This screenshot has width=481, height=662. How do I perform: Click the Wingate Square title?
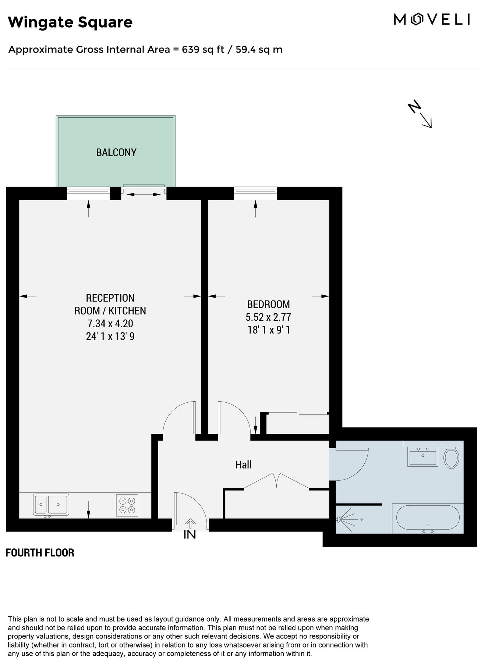[70, 22]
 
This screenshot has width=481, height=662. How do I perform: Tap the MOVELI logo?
[431, 19]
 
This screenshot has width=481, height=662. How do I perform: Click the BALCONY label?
[116, 152]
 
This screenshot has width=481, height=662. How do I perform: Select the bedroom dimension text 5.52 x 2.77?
[268, 317]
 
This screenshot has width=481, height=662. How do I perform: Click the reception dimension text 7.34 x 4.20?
[110, 324]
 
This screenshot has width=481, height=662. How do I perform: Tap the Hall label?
[243, 465]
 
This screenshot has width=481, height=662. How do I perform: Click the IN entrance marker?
[190, 534]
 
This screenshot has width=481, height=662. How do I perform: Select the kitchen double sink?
[51, 504]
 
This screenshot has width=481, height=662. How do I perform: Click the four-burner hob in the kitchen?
[127, 505]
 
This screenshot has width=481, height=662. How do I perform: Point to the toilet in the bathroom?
[451, 458]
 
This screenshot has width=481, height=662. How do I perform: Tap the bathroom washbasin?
[423, 457]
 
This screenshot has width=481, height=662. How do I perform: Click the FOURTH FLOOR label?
[40, 553]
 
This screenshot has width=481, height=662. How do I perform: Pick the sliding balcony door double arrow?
[144, 195]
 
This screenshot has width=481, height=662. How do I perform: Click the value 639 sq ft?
[203, 49]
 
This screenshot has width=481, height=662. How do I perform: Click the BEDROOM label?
[268, 304]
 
